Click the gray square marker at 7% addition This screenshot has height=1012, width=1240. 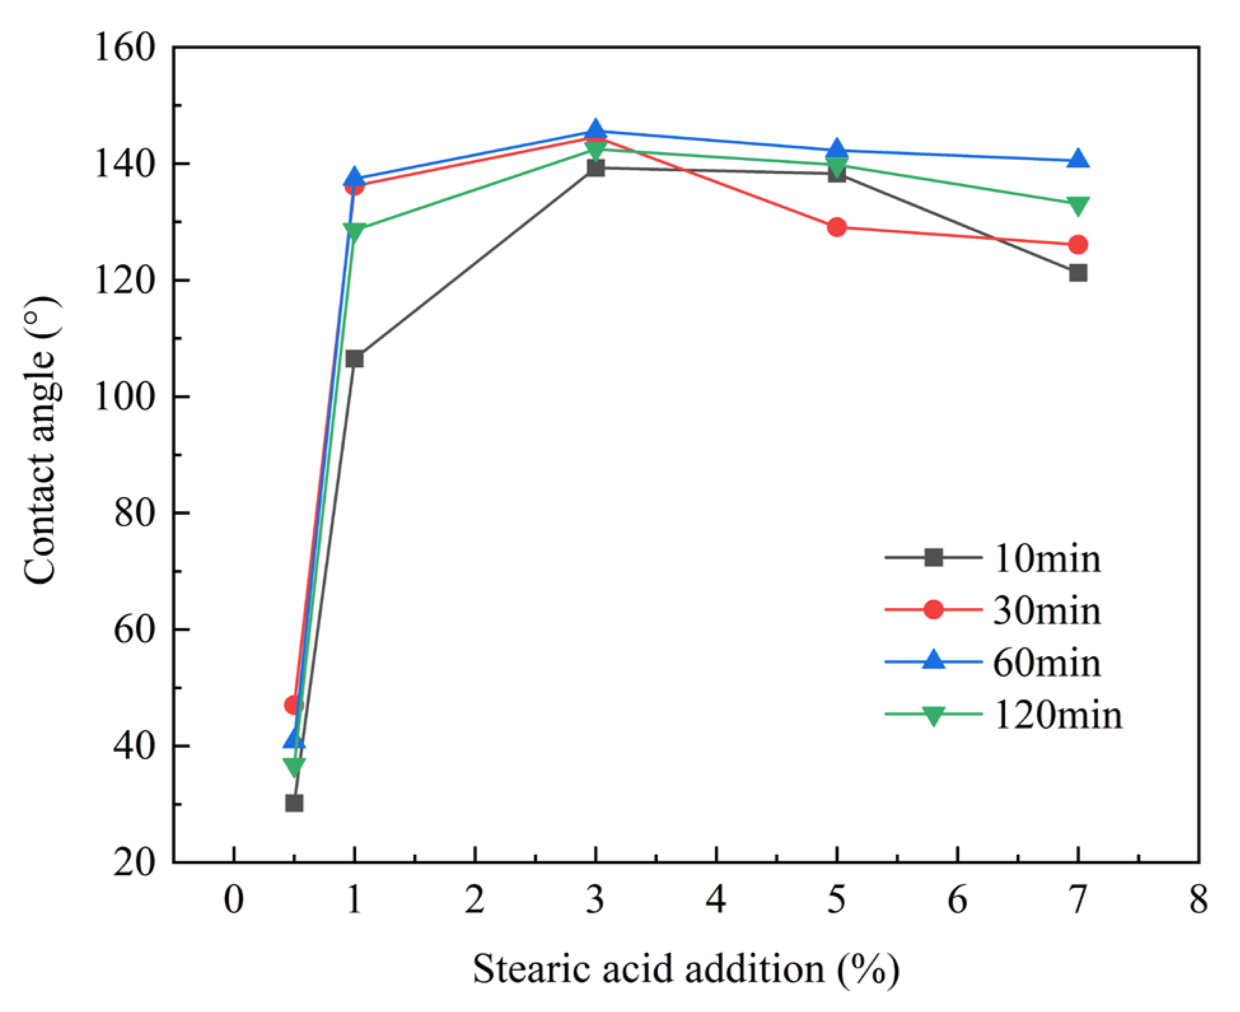pyautogui.click(x=1077, y=273)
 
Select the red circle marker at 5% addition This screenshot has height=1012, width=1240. pyautogui.click(x=837, y=227)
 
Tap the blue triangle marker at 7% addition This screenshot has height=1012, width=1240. pyautogui.click(x=1077, y=159)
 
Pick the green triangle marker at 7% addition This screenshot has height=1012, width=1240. pyautogui.click(x=1077, y=206)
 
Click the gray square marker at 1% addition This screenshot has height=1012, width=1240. pyautogui.click(x=354, y=359)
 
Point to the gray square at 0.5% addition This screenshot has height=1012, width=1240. pyautogui.click(x=294, y=803)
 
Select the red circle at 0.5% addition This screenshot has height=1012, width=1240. pyautogui.click(x=293, y=705)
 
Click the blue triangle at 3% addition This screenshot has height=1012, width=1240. pyautogui.click(x=596, y=130)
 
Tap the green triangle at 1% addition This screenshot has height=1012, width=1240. pyautogui.click(x=354, y=231)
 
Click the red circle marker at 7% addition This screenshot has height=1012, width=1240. pyautogui.click(x=1077, y=244)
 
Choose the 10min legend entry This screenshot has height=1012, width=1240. pyautogui.click(x=1047, y=559)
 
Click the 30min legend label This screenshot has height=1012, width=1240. pyautogui.click(x=1047, y=611)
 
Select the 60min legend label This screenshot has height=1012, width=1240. pyautogui.click(x=1047, y=663)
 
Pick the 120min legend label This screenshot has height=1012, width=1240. pyautogui.click(x=1057, y=715)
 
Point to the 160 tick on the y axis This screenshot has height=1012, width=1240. pyautogui.click(x=125, y=48)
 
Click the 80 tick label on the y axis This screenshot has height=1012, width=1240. pyautogui.click(x=135, y=513)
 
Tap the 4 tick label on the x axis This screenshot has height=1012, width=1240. pyautogui.click(x=716, y=900)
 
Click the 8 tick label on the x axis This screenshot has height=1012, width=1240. pyautogui.click(x=1198, y=900)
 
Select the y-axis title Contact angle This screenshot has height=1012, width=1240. pyautogui.click(x=41, y=439)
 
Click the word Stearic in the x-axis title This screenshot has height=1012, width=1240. pyautogui.click(x=529, y=970)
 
